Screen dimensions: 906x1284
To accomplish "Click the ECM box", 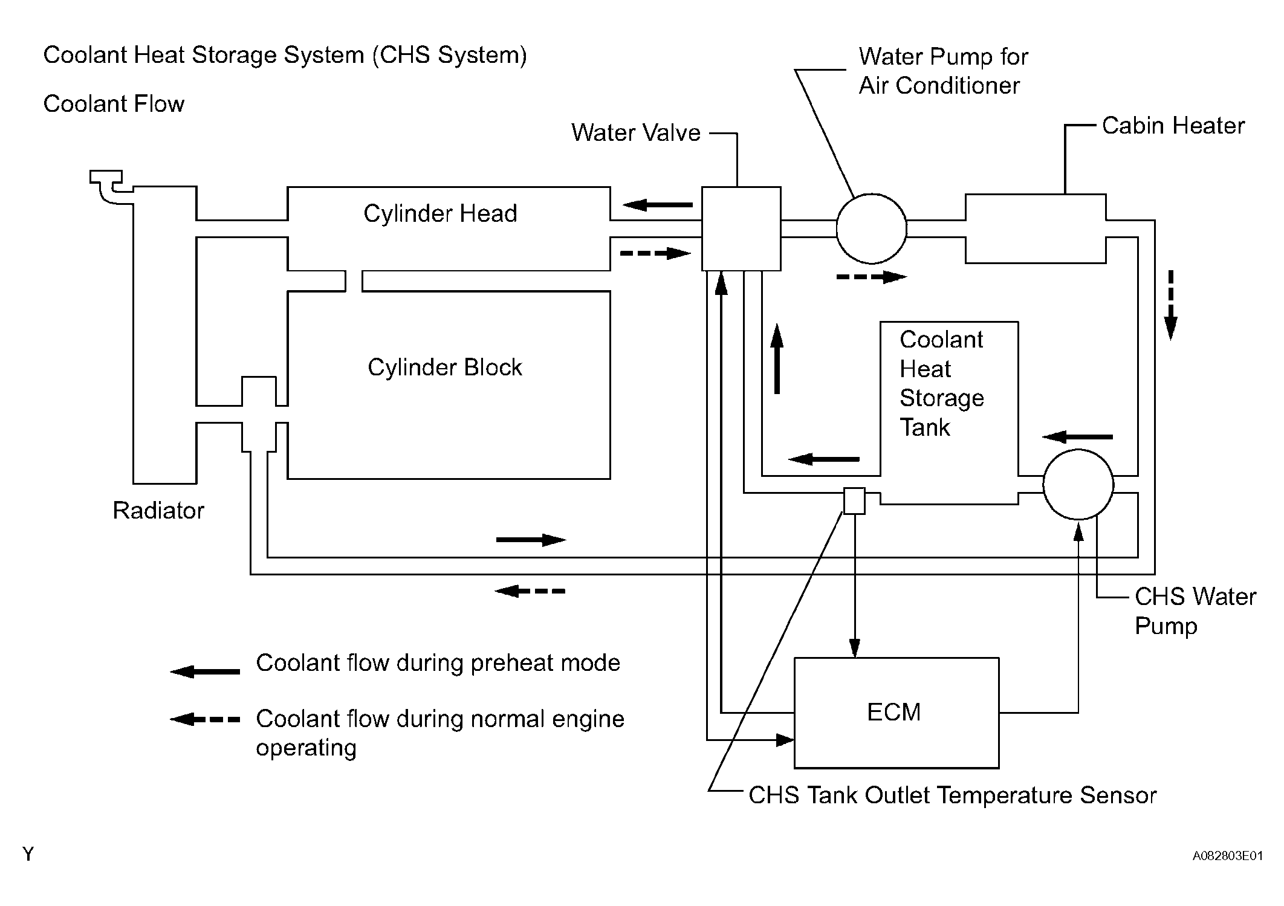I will coord(896,713).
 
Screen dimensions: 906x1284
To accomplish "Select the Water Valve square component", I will coord(741,228).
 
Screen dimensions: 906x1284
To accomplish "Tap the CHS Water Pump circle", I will coord(1078,484).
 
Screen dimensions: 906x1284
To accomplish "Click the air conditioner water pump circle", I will coord(871,228).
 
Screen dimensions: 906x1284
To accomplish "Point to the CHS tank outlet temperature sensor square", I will coord(854,500).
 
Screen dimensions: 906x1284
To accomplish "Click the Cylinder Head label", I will coord(440,213).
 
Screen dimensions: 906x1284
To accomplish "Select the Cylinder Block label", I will coord(444,367).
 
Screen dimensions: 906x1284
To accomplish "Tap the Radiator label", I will coord(158,511).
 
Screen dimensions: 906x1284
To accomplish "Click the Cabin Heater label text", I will coord(1173,126).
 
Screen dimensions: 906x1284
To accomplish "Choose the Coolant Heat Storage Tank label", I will coord(941,383).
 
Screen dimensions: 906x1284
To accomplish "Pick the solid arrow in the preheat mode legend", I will coord(205,671).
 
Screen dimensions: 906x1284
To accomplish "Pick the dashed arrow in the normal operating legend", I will coord(205,719).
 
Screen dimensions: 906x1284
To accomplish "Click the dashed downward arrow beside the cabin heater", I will coord(1170,305).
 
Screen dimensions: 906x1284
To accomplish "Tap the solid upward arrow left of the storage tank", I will coord(777,359).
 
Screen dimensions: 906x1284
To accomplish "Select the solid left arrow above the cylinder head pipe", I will coord(658,205).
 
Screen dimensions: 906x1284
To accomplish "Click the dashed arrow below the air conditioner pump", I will coord(871,277).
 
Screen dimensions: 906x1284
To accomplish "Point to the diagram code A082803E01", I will coord(1227,856).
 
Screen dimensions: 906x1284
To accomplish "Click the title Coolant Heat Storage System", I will coord(285,55).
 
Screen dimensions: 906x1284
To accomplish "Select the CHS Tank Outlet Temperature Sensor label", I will coord(952,795).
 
